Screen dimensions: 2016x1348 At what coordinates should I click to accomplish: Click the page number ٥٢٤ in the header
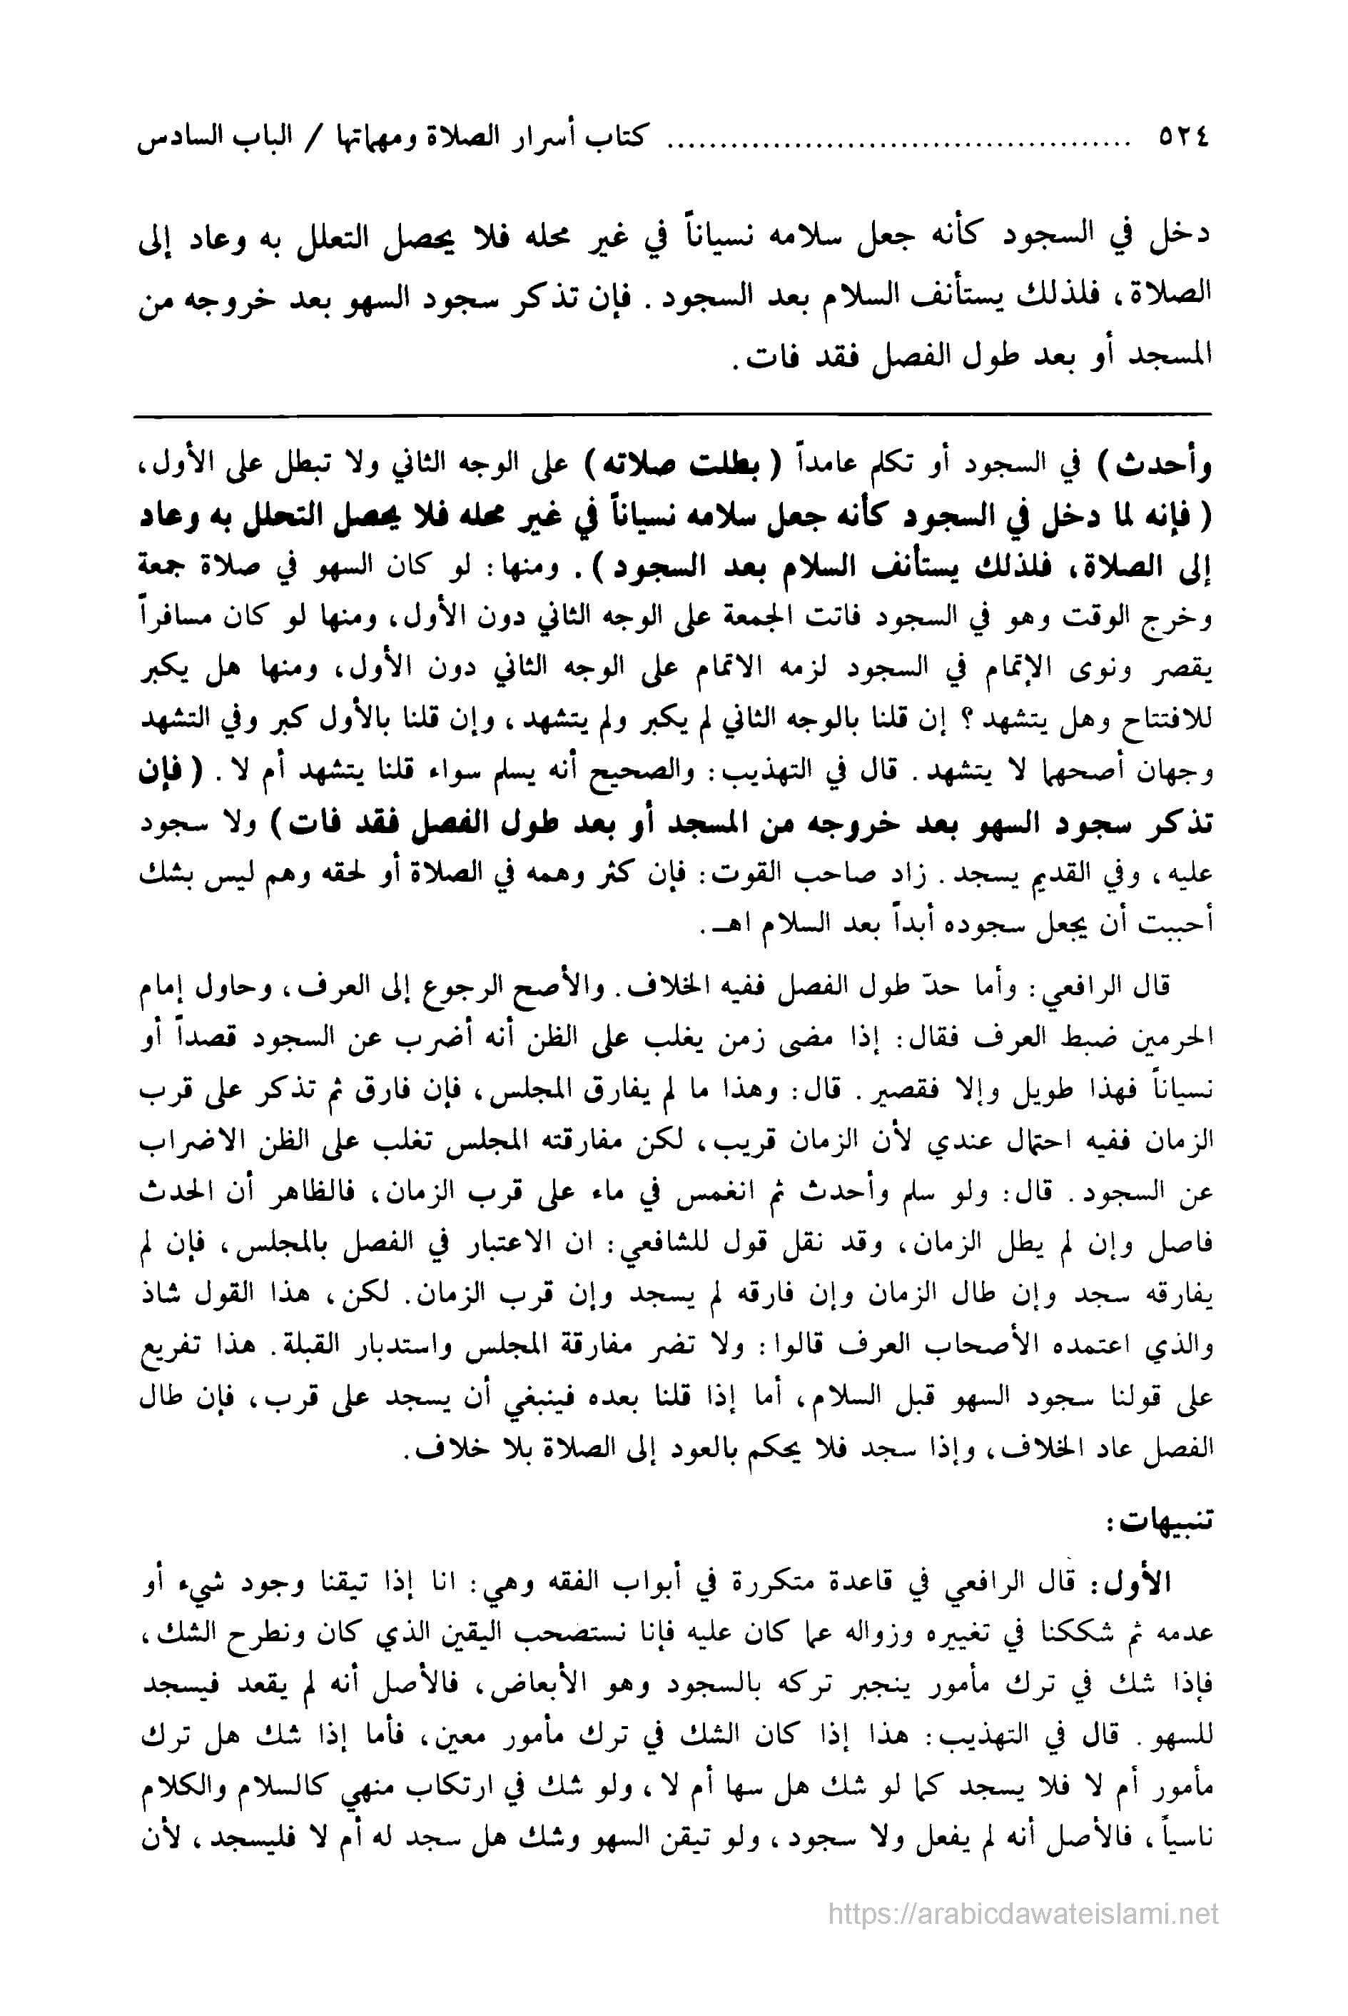pos(1177,138)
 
